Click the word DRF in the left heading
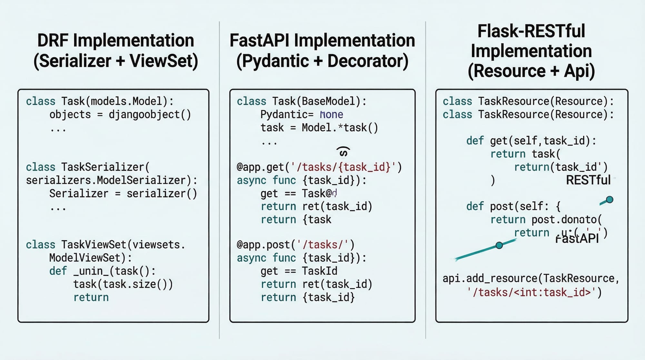point(53,41)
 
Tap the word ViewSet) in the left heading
point(164,61)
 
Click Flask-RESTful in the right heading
point(531,31)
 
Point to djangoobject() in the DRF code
point(150,115)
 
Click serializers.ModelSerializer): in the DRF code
point(112,180)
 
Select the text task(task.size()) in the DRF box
point(123,284)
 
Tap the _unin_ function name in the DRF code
point(91,271)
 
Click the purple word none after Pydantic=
point(332,115)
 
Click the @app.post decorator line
point(295,245)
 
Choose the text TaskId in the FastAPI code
point(320,271)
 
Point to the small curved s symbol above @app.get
point(343,152)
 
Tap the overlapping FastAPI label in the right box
point(577,239)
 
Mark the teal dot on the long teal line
point(499,245)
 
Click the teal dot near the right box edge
point(610,200)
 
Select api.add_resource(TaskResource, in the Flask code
point(531,278)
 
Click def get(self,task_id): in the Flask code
point(531,141)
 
